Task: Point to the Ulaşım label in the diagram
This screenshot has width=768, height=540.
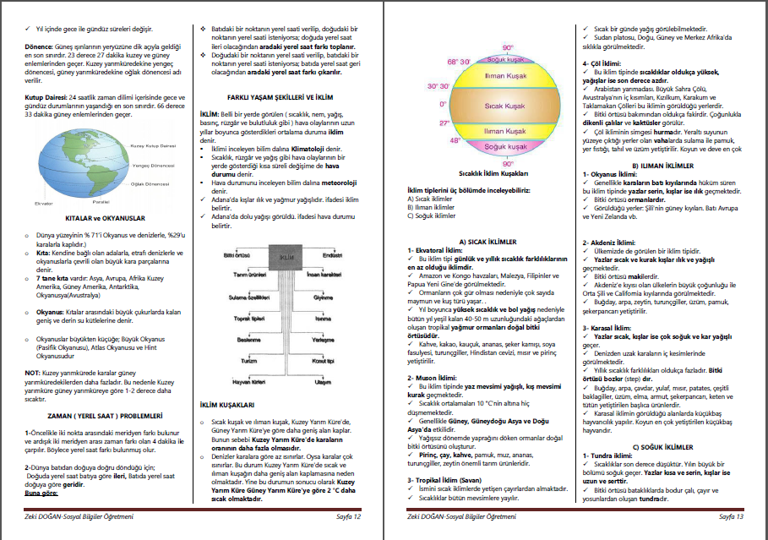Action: pos(322,382)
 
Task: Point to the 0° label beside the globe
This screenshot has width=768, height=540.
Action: pos(443,104)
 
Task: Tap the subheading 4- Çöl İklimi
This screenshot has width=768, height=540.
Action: pos(606,63)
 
